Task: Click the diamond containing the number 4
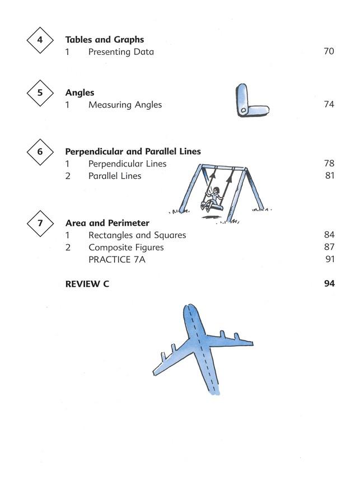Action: coord(40,40)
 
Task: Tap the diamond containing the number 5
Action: coord(40,93)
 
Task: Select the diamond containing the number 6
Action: coord(40,152)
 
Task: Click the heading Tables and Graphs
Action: coord(104,40)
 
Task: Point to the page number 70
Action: coord(329,52)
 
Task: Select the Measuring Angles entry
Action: coord(125,105)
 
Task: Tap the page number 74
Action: coord(329,105)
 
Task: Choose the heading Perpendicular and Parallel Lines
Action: coord(133,152)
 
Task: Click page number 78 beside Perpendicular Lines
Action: coord(329,164)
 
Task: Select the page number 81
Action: coord(329,176)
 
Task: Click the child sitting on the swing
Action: coord(213,197)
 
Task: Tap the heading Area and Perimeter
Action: coord(107,224)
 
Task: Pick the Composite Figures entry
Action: coord(126,248)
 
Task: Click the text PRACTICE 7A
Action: coord(116,260)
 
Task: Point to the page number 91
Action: coord(329,260)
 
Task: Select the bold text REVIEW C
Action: coord(87,284)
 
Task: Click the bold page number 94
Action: coord(329,284)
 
